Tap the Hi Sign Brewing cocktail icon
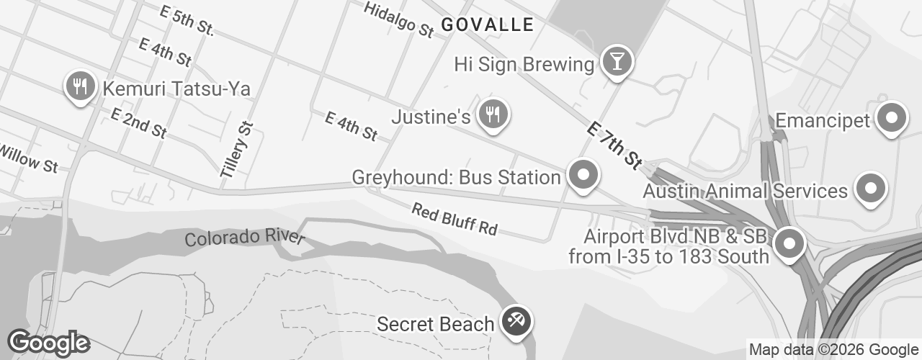pos(617,61)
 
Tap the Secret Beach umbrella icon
pos(516,321)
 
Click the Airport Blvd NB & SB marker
pos(790,244)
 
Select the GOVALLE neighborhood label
pos(487,25)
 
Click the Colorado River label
pos(245,238)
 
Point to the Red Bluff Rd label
pos(455,219)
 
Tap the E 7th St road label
pos(614,145)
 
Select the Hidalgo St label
pos(398,19)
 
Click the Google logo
pos(48,343)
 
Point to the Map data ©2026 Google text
pos(834,350)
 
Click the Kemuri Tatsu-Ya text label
pos(176,89)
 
